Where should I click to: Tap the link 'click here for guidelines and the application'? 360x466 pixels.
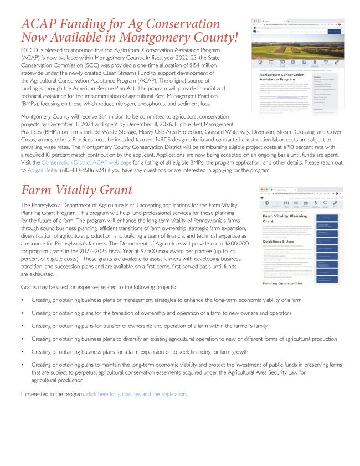pos(136,394)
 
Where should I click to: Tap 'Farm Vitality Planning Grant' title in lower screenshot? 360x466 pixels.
pos(282,218)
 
